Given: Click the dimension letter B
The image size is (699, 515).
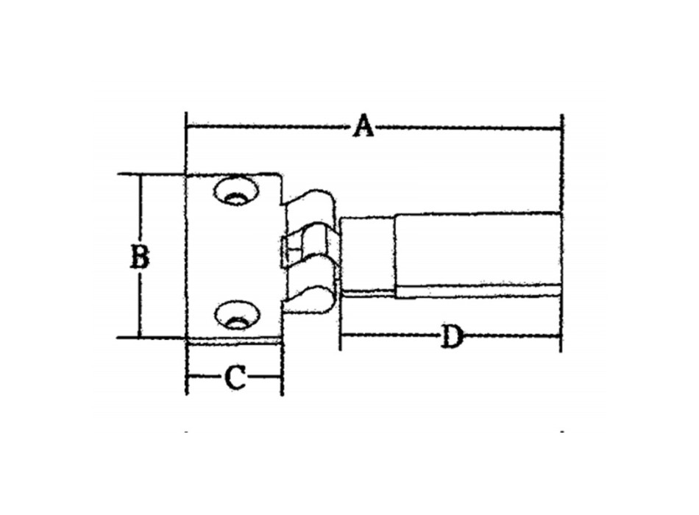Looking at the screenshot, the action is pos(140,257).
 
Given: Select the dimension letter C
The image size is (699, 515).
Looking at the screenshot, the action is pos(235,377).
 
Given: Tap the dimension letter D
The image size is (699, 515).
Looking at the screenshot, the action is pos(451,337).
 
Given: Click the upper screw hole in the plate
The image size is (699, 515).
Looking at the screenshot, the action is pos(236,191).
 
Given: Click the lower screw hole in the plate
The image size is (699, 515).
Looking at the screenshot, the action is pos(236,315).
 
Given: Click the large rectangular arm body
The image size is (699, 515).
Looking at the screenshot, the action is pos(478,249).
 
